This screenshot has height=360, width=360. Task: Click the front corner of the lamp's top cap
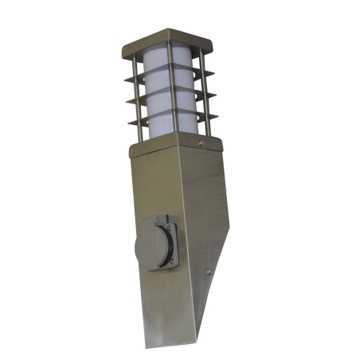(x=164, y=49)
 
